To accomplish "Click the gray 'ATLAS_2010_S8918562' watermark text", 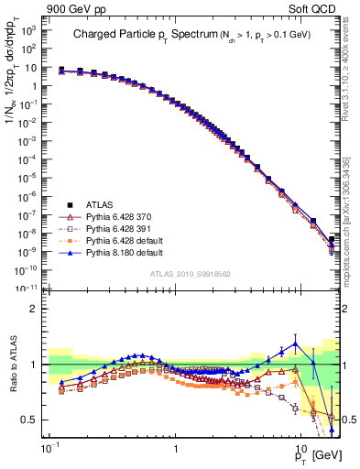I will (x=191, y=273).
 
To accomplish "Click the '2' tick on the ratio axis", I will (x=38, y=309).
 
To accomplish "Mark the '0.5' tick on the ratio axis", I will (x=35, y=420).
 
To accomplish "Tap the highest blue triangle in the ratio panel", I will (x=295, y=344).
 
